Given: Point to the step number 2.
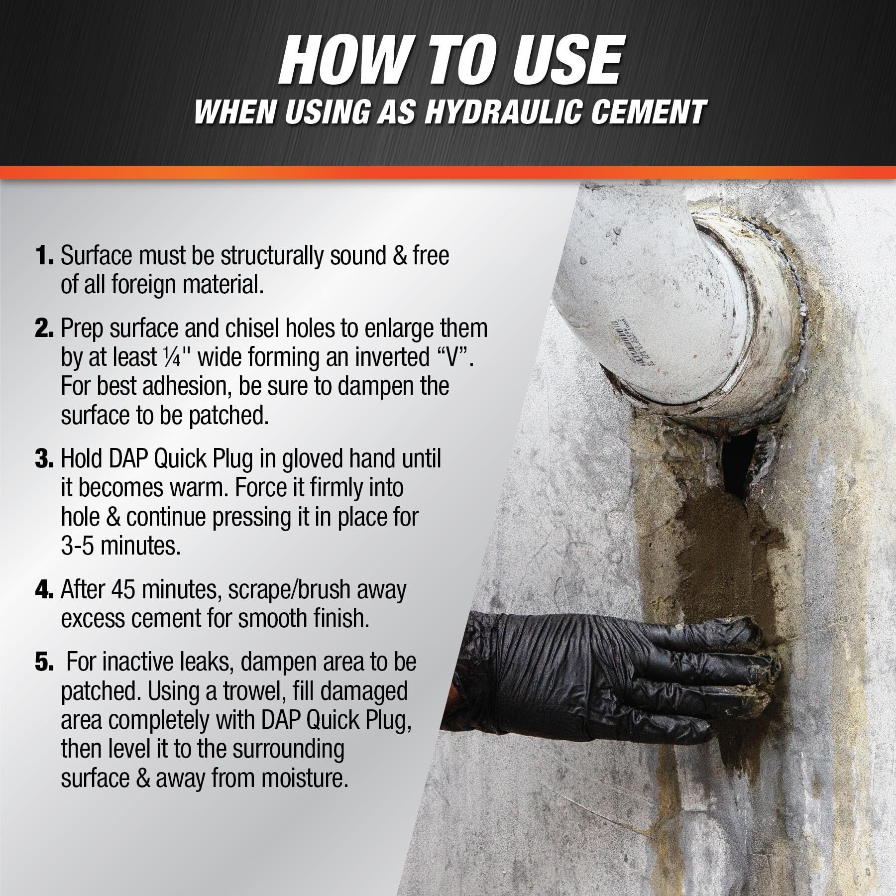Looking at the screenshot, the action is (43, 329).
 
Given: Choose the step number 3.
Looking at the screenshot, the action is (43, 459).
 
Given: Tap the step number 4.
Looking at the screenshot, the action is (44, 589).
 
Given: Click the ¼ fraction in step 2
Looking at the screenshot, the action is (182, 357).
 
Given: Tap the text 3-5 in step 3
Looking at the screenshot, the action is (78, 547).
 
